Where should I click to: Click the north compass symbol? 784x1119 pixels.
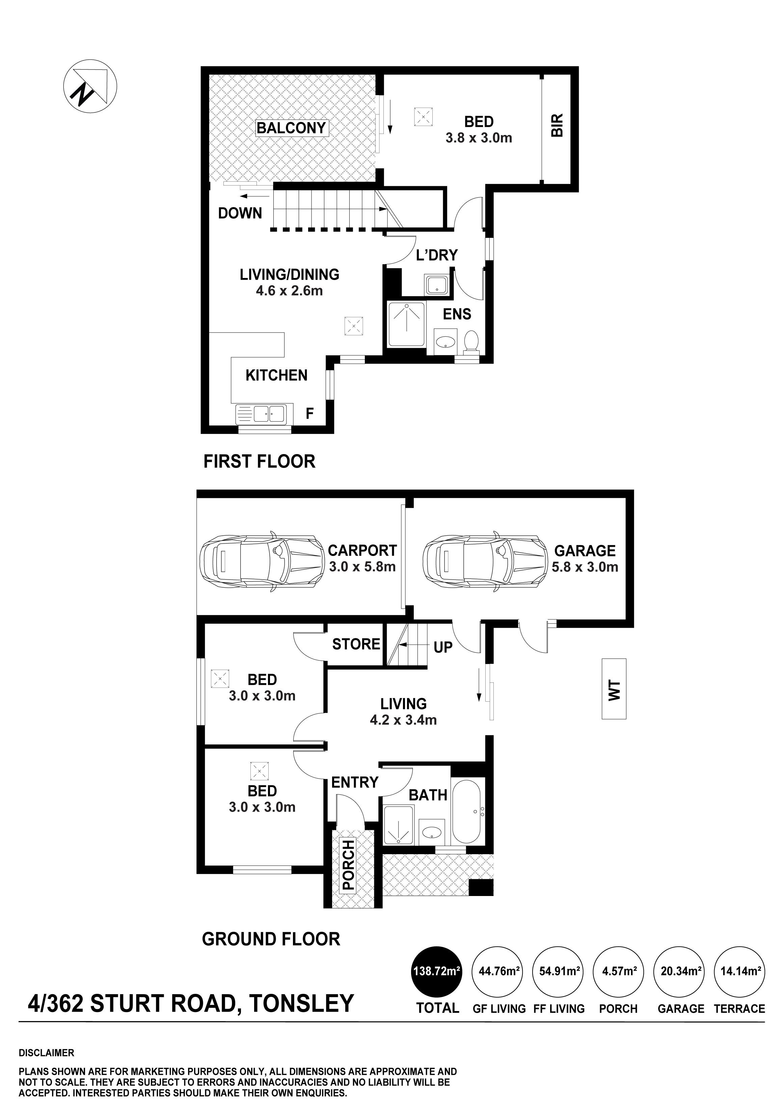(x=90, y=87)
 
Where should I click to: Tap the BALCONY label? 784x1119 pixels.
(x=291, y=128)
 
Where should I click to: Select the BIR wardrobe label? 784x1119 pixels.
(x=557, y=125)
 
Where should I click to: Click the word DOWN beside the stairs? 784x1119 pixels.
(x=240, y=213)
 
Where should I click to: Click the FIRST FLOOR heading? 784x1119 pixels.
(x=260, y=461)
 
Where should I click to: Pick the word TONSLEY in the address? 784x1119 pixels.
(x=301, y=1003)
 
